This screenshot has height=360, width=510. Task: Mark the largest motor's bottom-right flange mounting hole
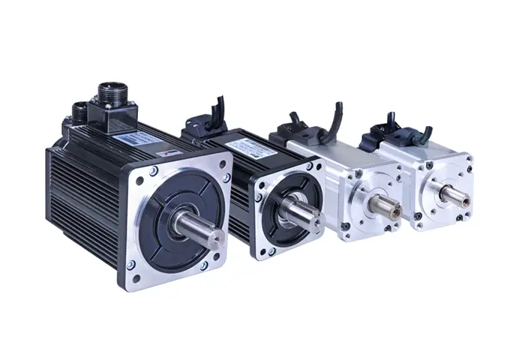coord(203,265)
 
